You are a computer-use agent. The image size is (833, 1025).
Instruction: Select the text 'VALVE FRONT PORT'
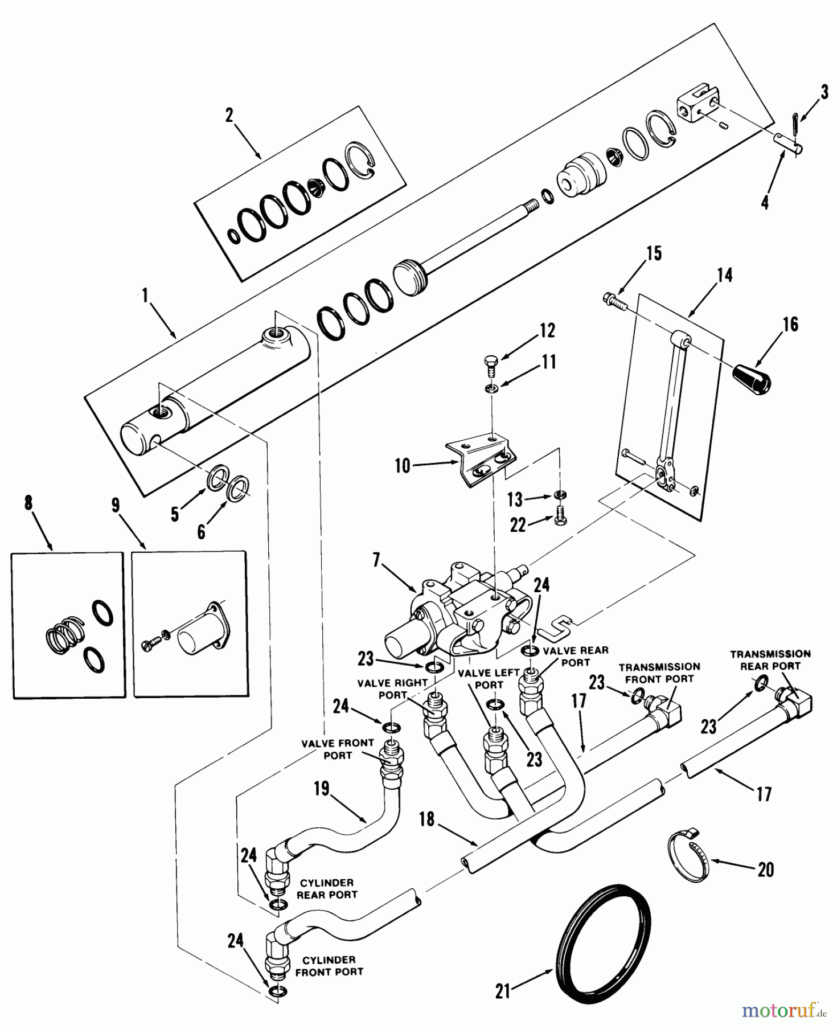[x=338, y=749]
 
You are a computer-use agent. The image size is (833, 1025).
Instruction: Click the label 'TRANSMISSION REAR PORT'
[x=770, y=659]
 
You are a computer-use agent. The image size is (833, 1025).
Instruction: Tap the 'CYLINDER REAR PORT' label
[x=327, y=888]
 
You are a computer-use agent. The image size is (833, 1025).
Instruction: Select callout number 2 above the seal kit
[x=229, y=116]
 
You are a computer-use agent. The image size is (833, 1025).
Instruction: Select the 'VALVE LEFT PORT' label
[x=489, y=679]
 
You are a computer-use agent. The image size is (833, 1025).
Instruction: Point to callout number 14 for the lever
[x=724, y=276]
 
